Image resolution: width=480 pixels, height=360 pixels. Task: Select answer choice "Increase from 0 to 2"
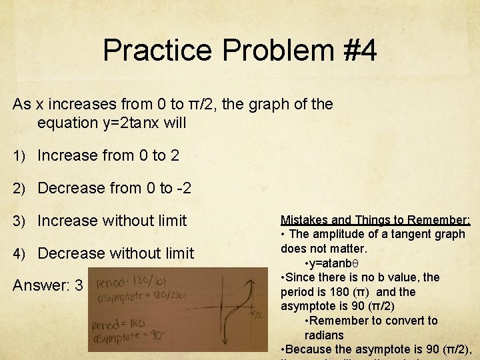(108, 155)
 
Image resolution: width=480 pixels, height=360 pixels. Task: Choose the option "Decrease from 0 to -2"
(114, 188)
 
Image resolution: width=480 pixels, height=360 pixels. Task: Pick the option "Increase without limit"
(112, 221)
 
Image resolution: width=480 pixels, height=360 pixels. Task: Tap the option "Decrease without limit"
(115, 253)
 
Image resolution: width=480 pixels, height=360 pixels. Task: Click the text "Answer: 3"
(48, 286)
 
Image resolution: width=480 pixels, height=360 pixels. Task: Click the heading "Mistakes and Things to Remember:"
(375, 219)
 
